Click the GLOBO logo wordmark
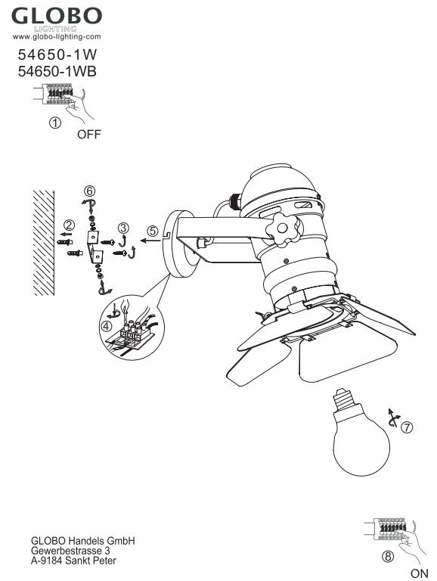pyautogui.click(x=57, y=16)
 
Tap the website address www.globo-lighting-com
pyautogui.click(x=57, y=36)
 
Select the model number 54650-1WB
pyautogui.click(x=57, y=72)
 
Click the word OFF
pyautogui.click(x=89, y=135)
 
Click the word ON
pyautogui.click(x=419, y=573)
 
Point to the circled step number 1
pyautogui.click(x=55, y=123)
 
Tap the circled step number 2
pyautogui.click(x=69, y=225)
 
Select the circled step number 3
pyautogui.click(x=124, y=228)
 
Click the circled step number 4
pyautogui.click(x=107, y=327)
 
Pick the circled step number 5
pyautogui.click(x=153, y=231)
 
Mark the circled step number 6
pyautogui.click(x=89, y=191)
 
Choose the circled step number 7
pyautogui.click(x=407, y=427)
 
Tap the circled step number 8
pyautogui.click(x=388, y=557)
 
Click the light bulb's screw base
pyautogui.click(x=346, y=399)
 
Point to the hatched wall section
pyautogui.click(x=44, y=243)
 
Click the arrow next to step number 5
pyautogui.click(x=150, y=241)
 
